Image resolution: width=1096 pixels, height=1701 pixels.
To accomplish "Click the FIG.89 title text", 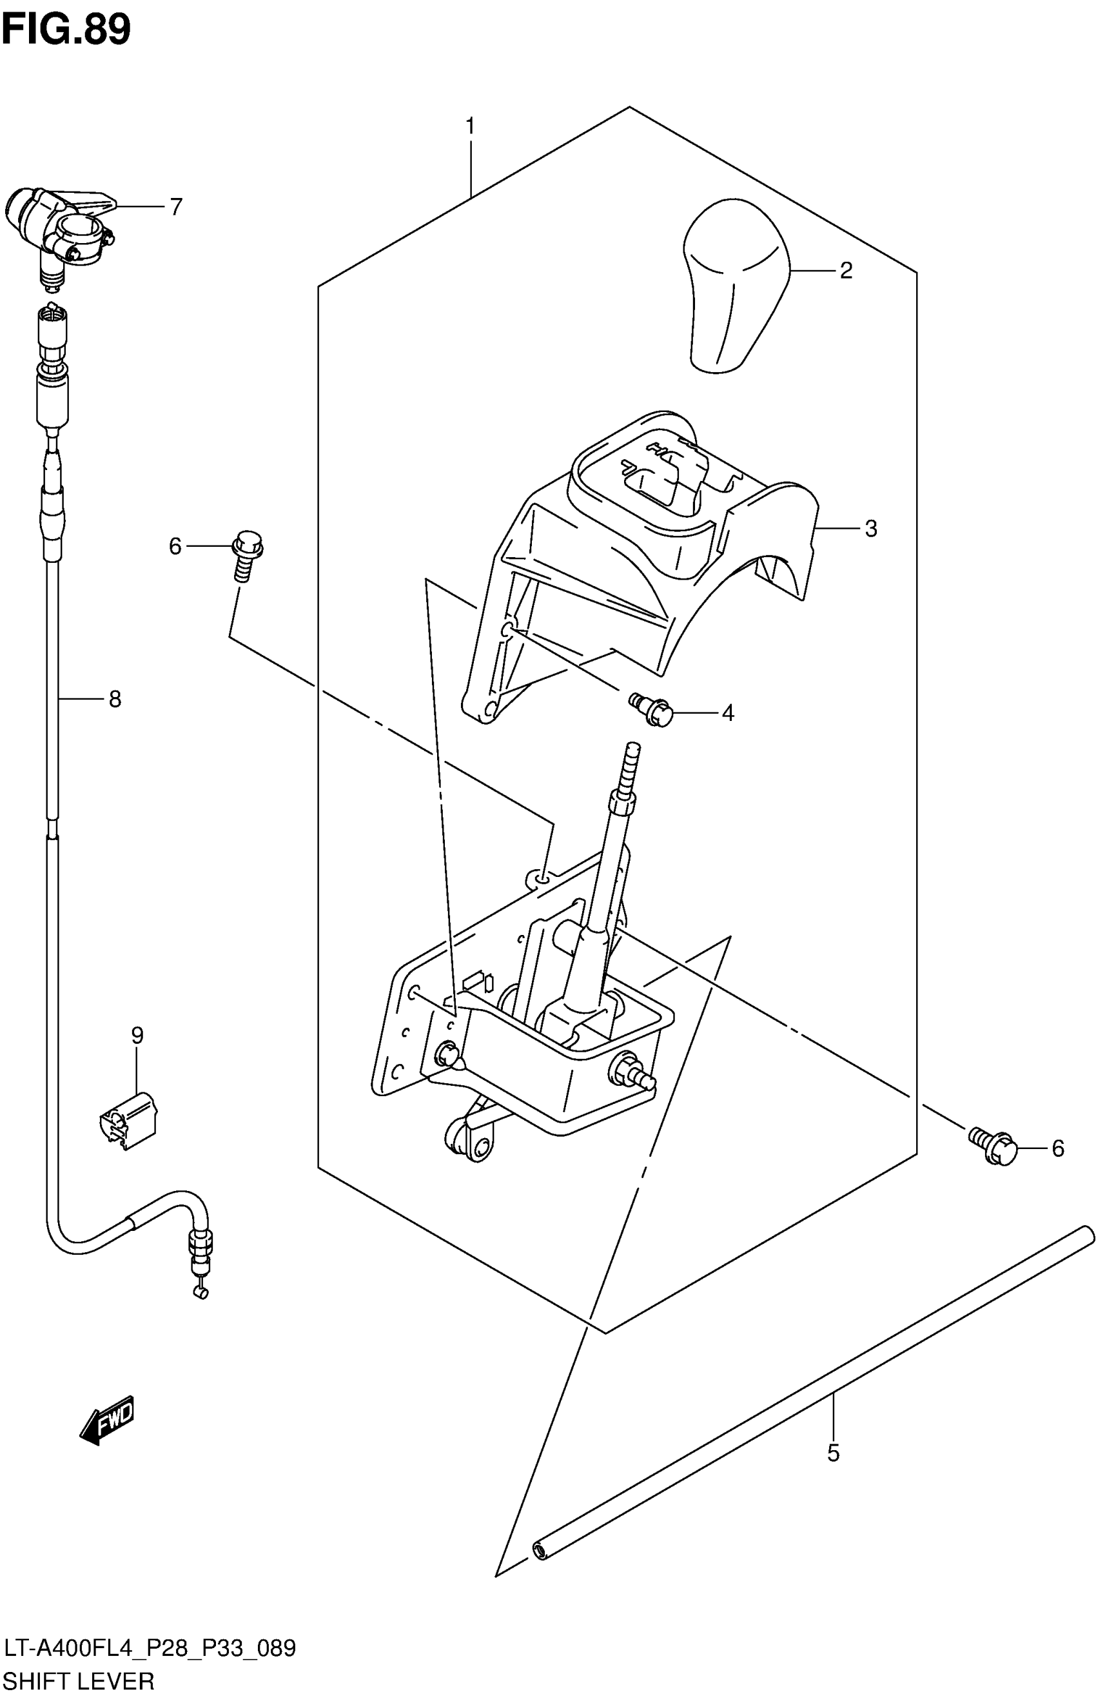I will point(66,30).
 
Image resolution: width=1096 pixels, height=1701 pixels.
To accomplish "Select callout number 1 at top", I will point(470,126).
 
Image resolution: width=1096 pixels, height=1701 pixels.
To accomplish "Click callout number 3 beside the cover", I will point(870,529).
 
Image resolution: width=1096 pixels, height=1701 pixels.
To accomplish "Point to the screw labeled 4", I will point(651,709).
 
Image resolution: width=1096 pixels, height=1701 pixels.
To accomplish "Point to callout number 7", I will point(176,207).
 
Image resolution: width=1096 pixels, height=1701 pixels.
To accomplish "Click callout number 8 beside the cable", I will point(115,700).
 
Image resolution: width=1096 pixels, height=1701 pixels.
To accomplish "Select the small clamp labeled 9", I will point(128,1113).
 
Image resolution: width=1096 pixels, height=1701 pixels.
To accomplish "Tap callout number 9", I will point(137,1036).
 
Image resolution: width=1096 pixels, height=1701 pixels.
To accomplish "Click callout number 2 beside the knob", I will point(845,270).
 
